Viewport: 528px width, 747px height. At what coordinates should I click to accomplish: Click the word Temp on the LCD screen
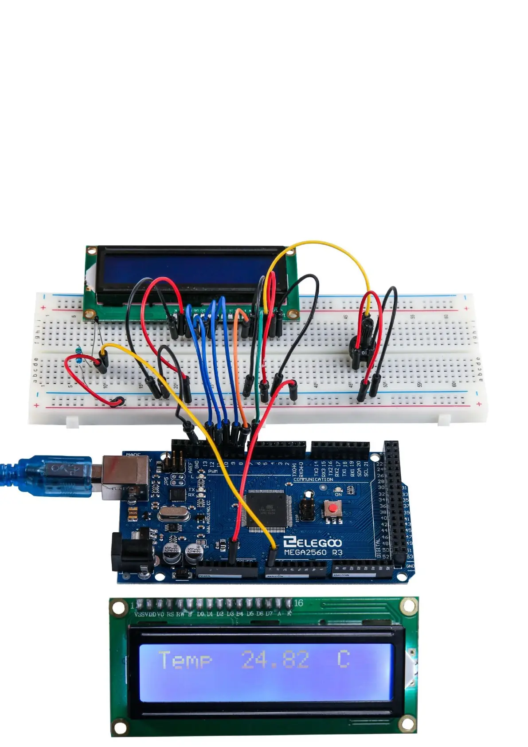[185, 660]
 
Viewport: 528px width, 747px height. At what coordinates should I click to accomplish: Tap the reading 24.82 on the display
[275, 660]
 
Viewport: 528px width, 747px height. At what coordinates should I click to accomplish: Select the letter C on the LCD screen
[344, 659]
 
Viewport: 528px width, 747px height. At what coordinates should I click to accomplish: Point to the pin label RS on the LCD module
[170, 614]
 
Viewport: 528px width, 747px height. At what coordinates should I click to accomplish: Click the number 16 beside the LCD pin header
[299, 603]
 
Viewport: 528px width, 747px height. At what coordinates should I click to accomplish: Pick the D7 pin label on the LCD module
[269, 614]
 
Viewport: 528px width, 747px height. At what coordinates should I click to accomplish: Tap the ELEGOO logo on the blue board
[312, 543]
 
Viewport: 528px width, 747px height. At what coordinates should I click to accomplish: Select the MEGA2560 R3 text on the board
[313, 553]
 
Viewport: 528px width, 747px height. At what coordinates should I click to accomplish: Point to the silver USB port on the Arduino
[125, 476]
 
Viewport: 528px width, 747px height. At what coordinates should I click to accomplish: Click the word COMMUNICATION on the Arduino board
[313, 480]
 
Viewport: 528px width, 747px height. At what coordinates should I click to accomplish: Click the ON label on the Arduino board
[338, 495]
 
